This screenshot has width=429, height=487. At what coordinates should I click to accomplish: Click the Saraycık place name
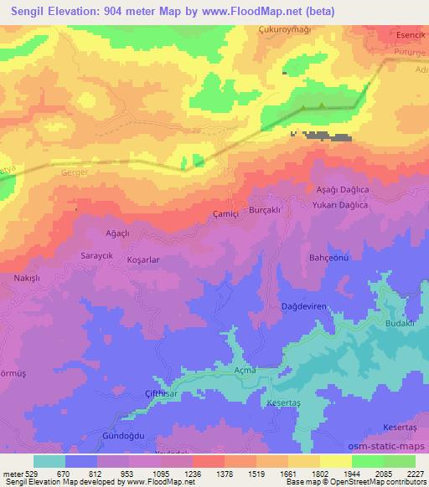click(x=96, y=253)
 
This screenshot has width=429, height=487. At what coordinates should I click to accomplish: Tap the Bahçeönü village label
click(x=328, y=257)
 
